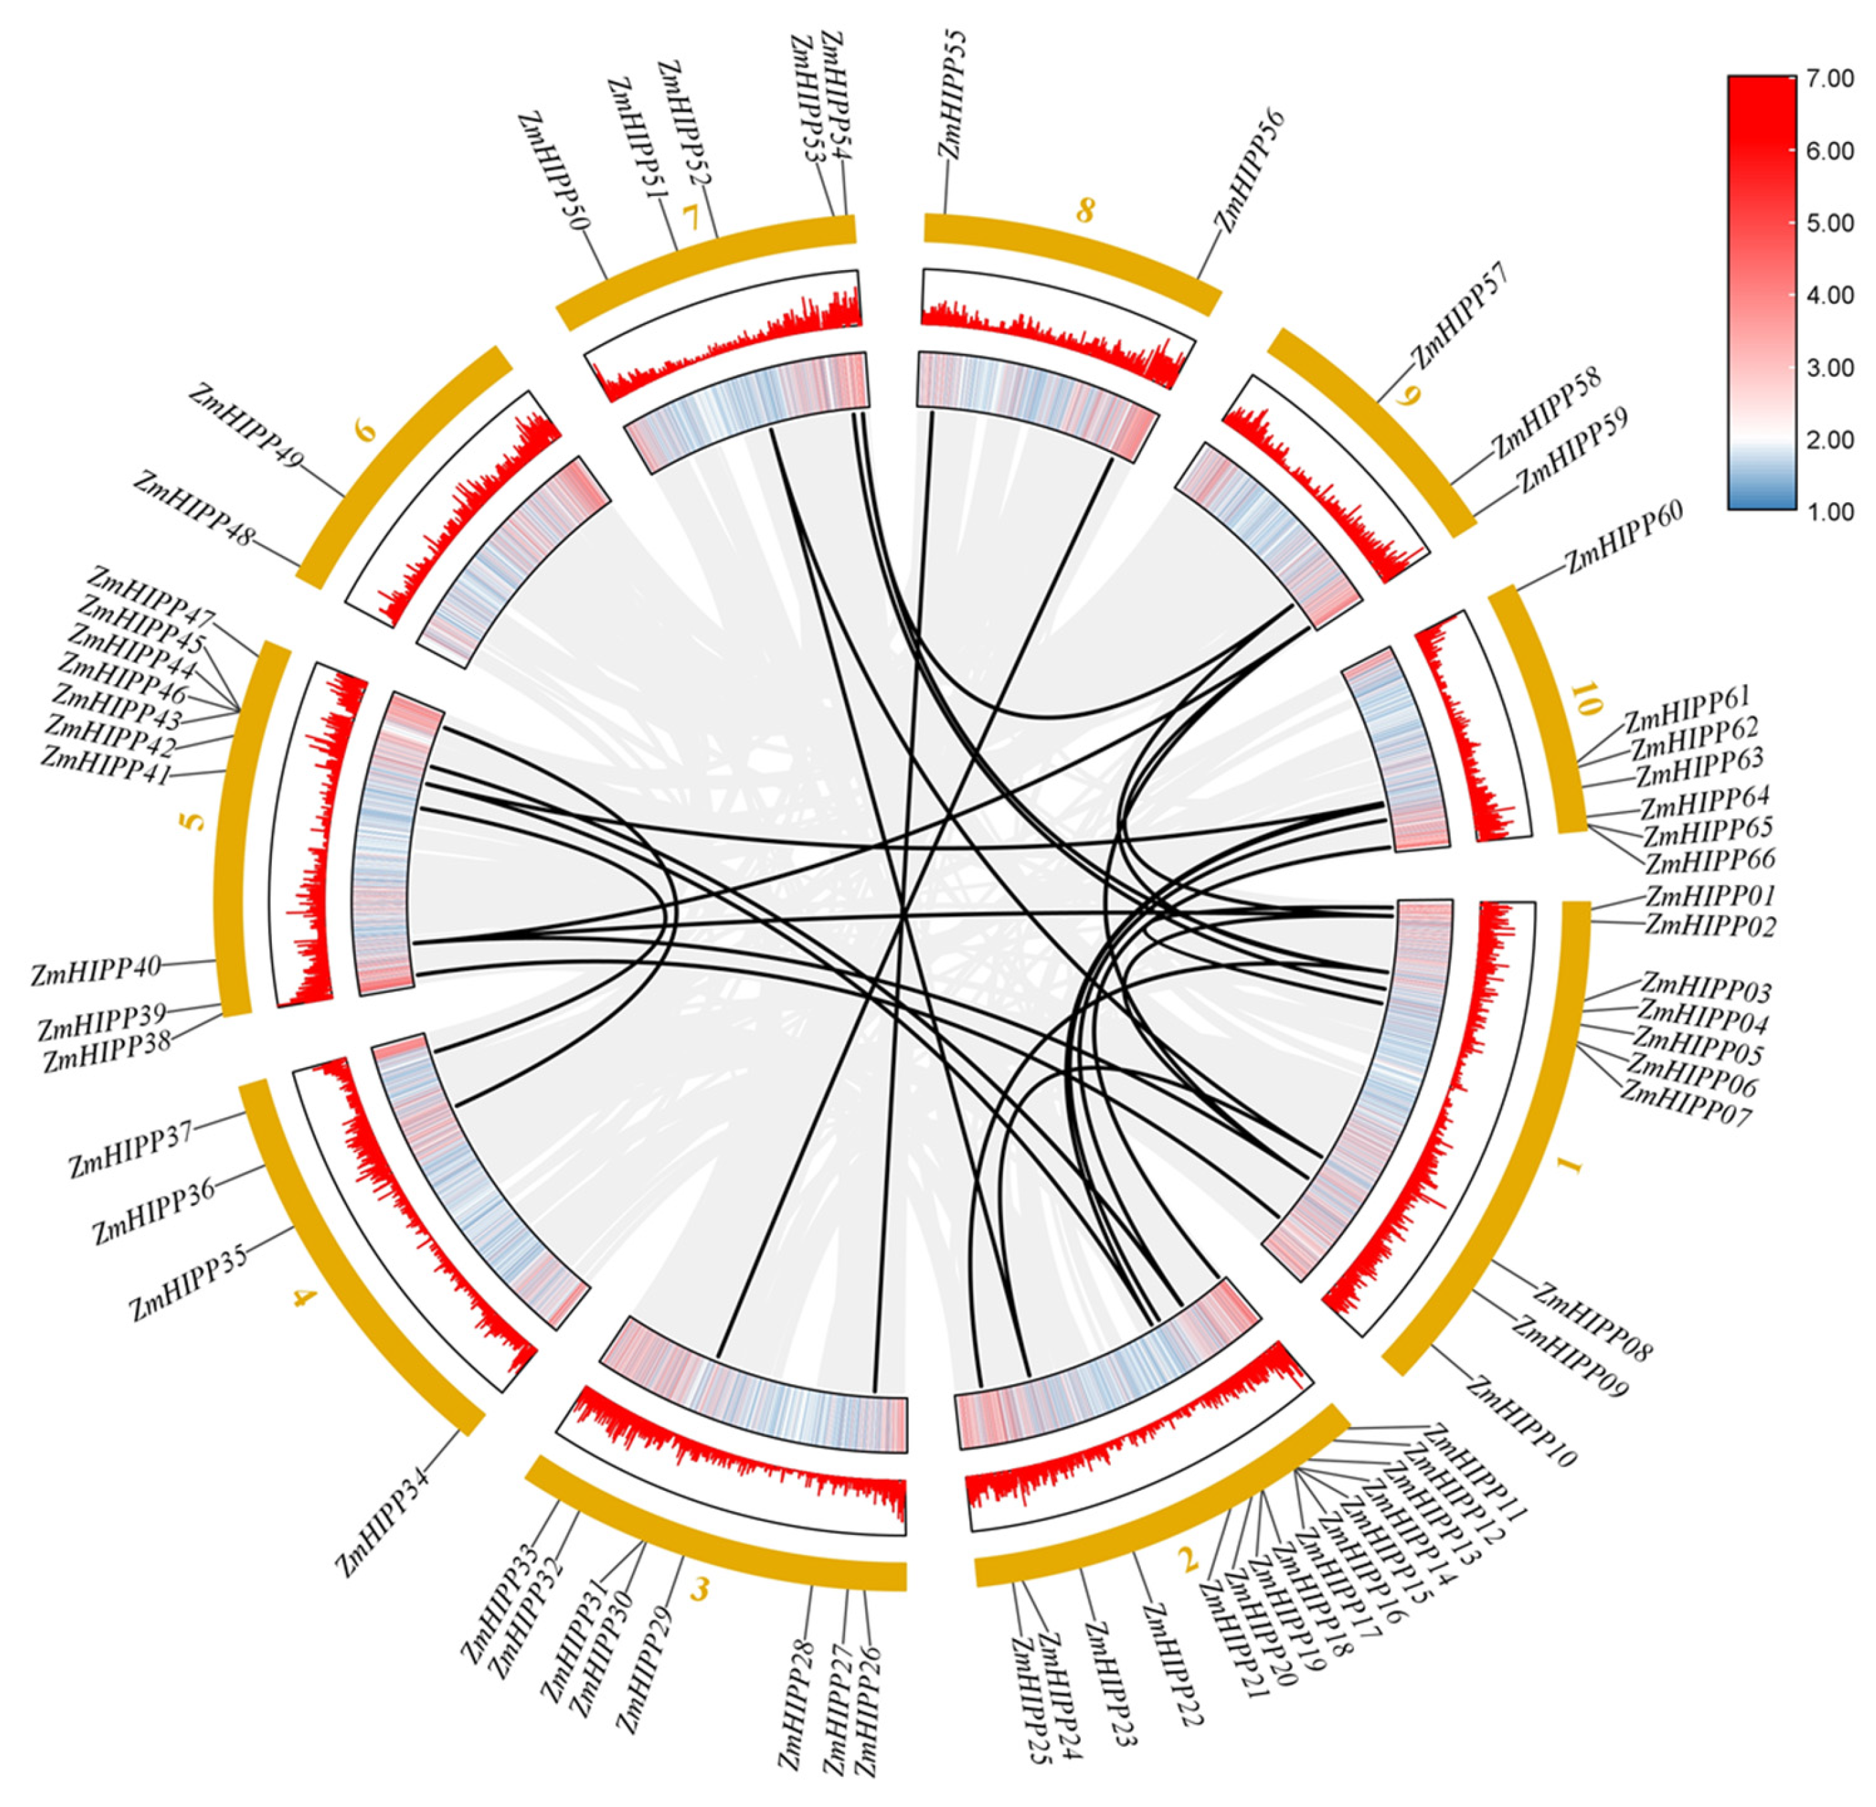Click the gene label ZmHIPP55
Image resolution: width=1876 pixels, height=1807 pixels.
pyautogui.click(x=953, y=94)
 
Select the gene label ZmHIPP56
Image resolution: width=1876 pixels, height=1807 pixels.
pyautogui.click(x=1249, y=171)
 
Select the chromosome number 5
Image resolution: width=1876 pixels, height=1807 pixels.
pyautogui.click(x=195, y=821)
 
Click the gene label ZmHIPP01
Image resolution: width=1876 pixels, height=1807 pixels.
pyautogui.click(x=1709, y=895)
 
